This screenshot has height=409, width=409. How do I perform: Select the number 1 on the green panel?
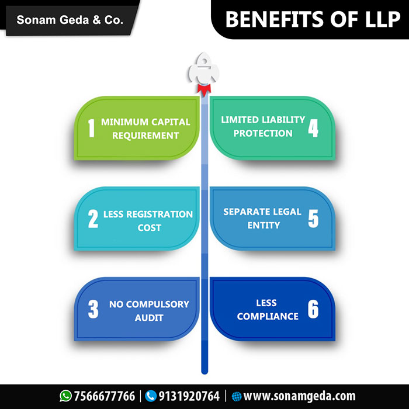[x=91, y=129]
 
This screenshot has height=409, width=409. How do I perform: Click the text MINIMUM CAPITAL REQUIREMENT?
[x=145, y=129]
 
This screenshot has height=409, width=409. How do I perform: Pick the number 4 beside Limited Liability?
[x=314, y=126]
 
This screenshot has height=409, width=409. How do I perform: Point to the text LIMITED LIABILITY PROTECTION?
[x=263, y=126]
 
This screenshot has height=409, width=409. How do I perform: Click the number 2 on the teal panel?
[x=93, y=220]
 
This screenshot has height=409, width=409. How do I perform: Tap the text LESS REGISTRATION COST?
[x=148, y=220]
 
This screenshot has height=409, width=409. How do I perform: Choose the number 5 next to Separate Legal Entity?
[x=314, y=218]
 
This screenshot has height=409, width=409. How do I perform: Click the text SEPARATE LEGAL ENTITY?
[x=262, y=218]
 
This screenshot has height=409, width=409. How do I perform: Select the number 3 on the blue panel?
[x=93, y=310]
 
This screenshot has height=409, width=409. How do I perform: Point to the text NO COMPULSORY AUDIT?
[x=149, y=311]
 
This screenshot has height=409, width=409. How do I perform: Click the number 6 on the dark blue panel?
[x=314, y=309]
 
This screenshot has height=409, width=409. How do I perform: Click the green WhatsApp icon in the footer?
[x=65, y=396]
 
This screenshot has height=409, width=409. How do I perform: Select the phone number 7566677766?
[x=105, y=396]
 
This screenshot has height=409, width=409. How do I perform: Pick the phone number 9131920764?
[x=190, y=396]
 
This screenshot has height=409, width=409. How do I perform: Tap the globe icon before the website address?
[x=237, y=396]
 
